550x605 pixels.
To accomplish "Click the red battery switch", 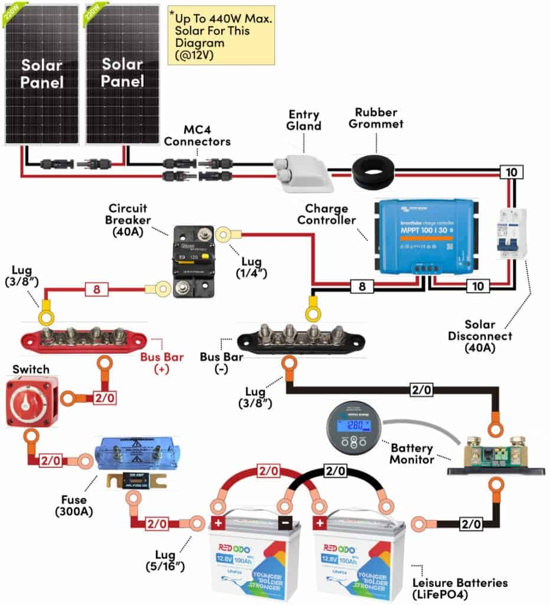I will click(32, 401).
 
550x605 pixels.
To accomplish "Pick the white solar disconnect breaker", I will click(511, 233).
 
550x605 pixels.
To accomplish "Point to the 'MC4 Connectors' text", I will click(197, 136).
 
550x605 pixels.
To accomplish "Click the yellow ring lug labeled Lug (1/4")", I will click(224, 235).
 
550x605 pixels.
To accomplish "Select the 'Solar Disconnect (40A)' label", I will click(488, 336).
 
